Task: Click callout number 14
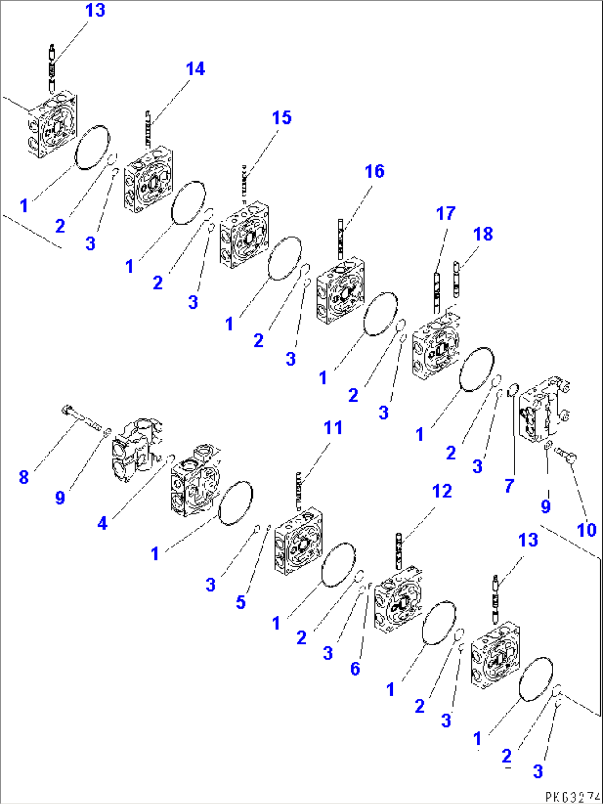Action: click(195, 69)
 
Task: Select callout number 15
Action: click(281, 118)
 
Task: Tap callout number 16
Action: click(375, 172)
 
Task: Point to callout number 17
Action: click(445, 214)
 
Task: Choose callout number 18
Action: click(483, 234)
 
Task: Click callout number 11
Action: click(333, 428)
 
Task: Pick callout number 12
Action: click(442, 491)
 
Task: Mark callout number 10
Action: click(586, 530)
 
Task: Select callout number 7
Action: click(509, 486)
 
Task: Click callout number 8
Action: click(24, 477)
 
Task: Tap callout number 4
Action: click(102, 523)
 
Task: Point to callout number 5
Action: click(241, 602)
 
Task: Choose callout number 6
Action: click(355, 668)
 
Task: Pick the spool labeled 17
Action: click(436, 291)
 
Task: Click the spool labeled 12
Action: click(398, 551)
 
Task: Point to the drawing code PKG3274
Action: click(573, 797)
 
